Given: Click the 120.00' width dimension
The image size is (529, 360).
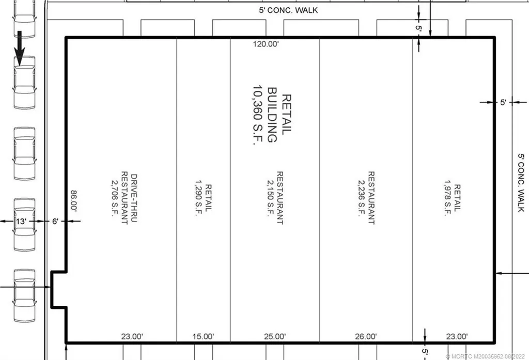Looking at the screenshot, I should pos(266,44).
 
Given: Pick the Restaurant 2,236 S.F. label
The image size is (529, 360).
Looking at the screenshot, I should pos(365,198).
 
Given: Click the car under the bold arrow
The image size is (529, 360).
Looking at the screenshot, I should pos(24,83).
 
